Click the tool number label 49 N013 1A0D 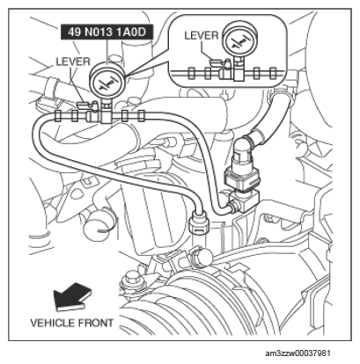(x=107, y=32)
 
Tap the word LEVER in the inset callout (x=202, y=35)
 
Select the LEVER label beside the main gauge (x=73, y=62)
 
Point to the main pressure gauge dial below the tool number (x=107, y=81)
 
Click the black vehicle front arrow (x=72, y=296)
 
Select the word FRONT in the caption (x=95, y=323)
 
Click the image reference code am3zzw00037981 (x=298, y=353)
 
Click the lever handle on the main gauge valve (x=85, y=104)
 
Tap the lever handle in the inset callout (x=219, y=62)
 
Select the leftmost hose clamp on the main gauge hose (x=58, y=115)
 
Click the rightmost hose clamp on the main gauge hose (x=142, y=115)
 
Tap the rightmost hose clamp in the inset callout (x=273, y=74)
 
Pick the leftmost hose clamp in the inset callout (x=191, y=73)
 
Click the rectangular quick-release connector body (x=241, y=178)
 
